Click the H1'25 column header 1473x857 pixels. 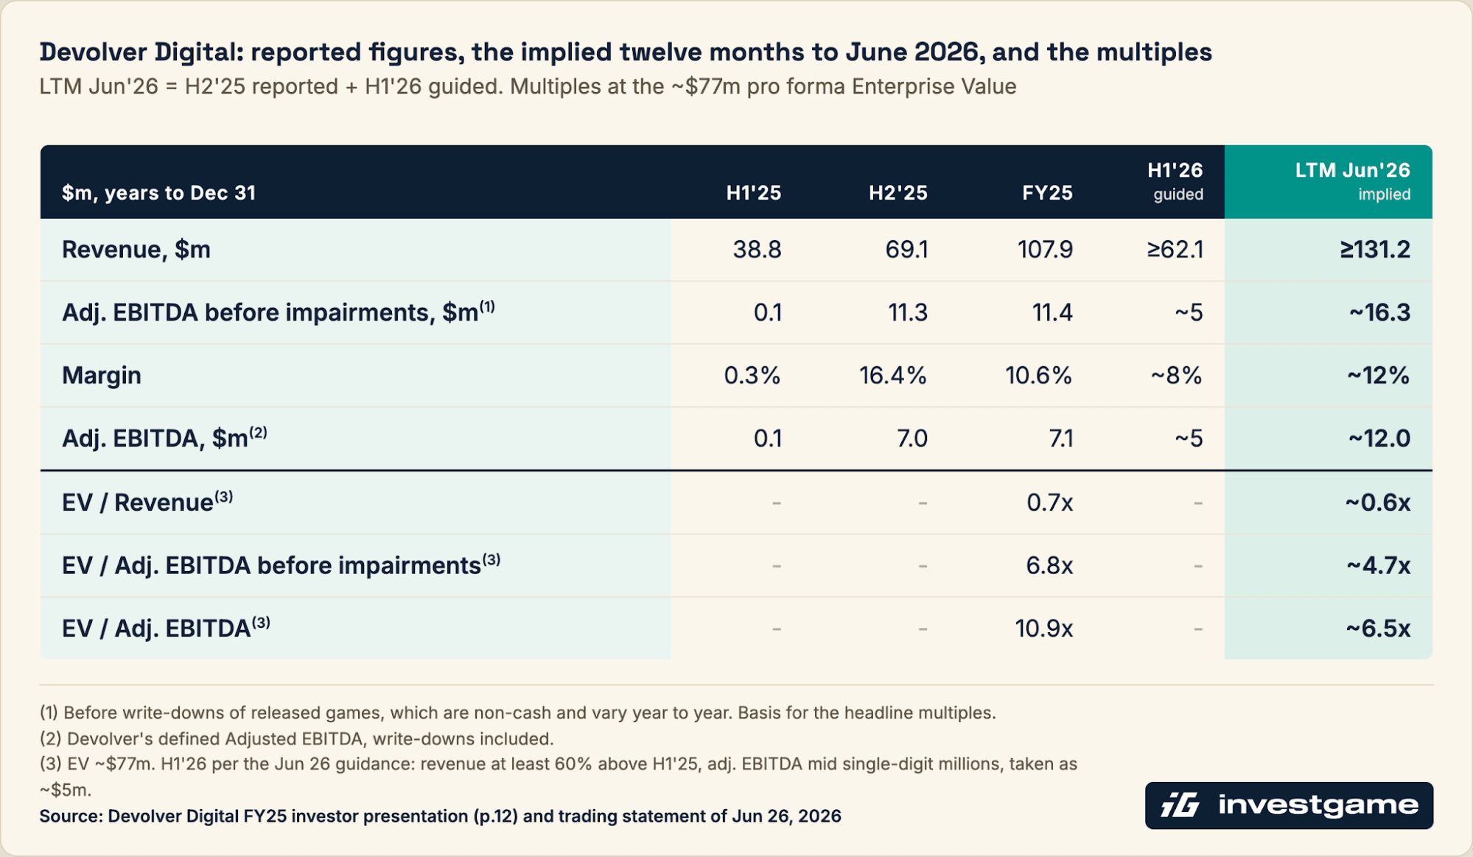tap(753, 193)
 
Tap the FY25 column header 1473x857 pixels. tap(1047, 193)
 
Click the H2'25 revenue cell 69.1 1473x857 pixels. tap(906, 249)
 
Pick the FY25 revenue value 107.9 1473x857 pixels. tap(1045, 249)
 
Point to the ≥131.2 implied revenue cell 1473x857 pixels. tap(1375, 249)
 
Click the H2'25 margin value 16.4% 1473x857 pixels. tap(892, 375)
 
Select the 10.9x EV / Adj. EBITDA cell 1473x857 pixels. tap(1043, 629)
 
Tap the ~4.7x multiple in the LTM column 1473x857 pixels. tap(1378, 565)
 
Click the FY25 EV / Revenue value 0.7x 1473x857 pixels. tap(1049, 503)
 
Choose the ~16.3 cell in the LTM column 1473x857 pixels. tap(1379, 312)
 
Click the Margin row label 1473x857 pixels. tap(102, 375)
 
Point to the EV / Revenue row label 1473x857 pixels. tap(147, 502)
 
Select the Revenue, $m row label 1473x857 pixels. tap(136, 250)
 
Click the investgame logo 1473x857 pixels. tap(1289, 805)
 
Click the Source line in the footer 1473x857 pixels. tap(440, 816)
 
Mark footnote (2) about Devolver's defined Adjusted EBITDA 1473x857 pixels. tap(296, 738)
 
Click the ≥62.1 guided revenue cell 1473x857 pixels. tap(1175, 249)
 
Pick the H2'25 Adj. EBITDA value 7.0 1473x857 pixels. tap(912, 438)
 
